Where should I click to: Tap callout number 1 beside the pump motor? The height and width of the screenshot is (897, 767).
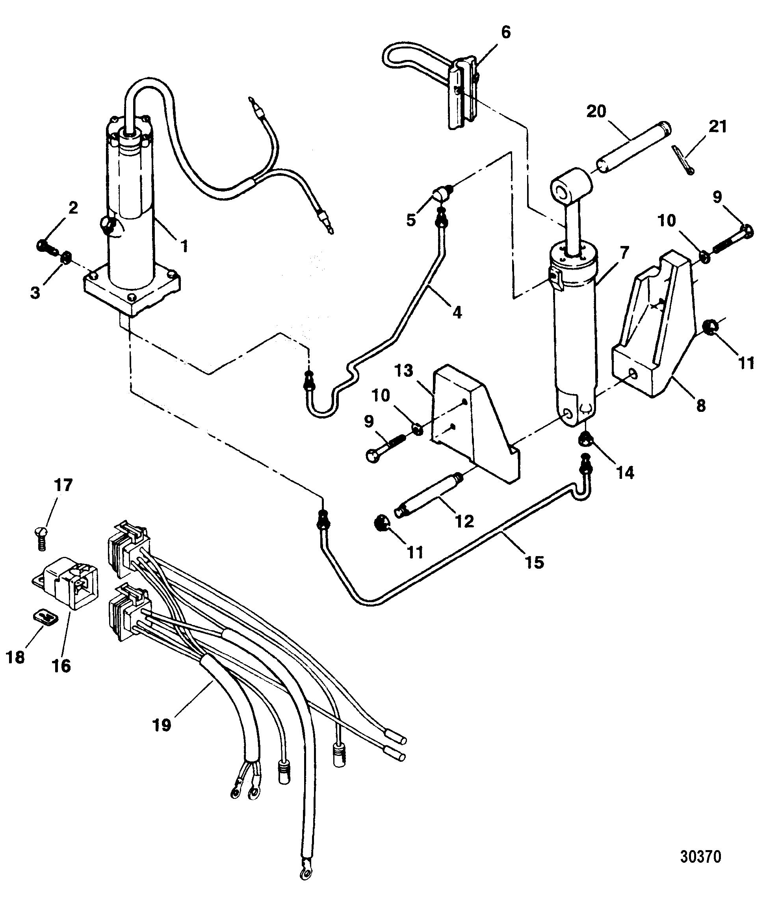[184, 246]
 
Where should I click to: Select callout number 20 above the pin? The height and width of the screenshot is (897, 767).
[597, 112]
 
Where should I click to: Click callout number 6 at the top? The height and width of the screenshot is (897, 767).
[505, 32]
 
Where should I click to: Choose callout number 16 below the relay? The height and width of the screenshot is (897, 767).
[62, 666]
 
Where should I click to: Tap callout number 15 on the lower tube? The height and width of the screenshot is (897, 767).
[534, 562]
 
